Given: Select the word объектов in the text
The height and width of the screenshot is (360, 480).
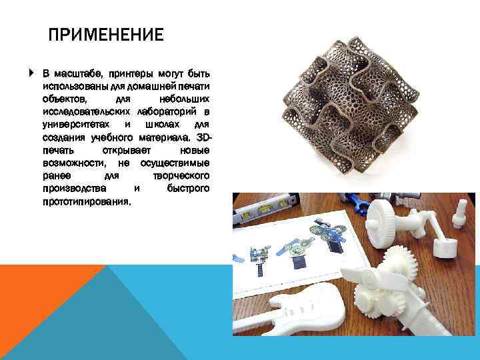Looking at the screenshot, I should click(x=61, y=98).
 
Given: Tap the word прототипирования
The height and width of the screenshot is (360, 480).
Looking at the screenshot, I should click(x=86, y=201).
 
